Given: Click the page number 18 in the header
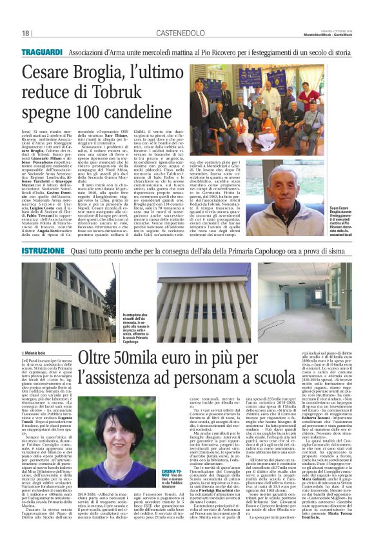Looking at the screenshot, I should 26,34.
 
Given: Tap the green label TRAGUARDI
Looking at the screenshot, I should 41,51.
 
